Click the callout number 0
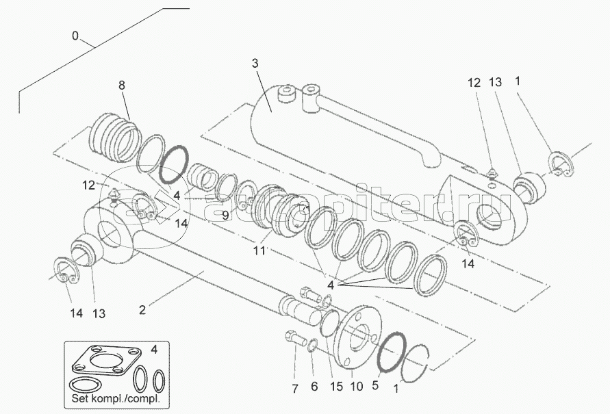pyautogui.click(x=75, y=36)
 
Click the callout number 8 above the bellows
pyautogui.click(x=122, y=85)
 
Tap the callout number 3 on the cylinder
pyautogui.click(x=255, y=63)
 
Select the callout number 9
pyautogui.click(x=226, y=215)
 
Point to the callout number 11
pyautogui.click(x=259, y=250)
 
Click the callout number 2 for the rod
pyautogui.click(x=142, y=310)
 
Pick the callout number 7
pyautogui.click(x=294, y=388)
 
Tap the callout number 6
pyautogui.click(x=314, y=387)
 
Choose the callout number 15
pyautogui.click(x=337, y=387)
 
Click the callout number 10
pyautogui.click(x=357, y=387)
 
